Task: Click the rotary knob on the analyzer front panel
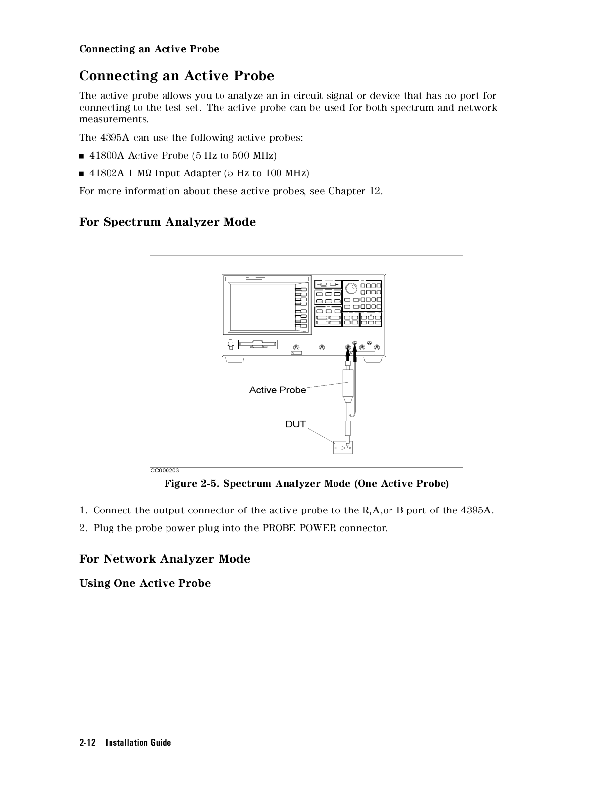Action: tap(351, 288)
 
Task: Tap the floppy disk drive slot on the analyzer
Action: tap(258, 344)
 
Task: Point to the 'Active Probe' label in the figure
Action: tap(278, 390)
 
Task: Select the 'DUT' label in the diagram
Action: tap(295, 424)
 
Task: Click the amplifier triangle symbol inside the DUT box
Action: tap(343, 448)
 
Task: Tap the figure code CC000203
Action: tap(165, 471)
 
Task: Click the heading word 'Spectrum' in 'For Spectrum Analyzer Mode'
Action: tap(132, 222)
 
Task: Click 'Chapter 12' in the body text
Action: tap(354, 191)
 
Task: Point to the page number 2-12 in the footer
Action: tap(87, 743)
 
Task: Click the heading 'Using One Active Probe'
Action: tap(145, 583)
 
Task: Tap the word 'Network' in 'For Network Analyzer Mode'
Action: tap(129, 559)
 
